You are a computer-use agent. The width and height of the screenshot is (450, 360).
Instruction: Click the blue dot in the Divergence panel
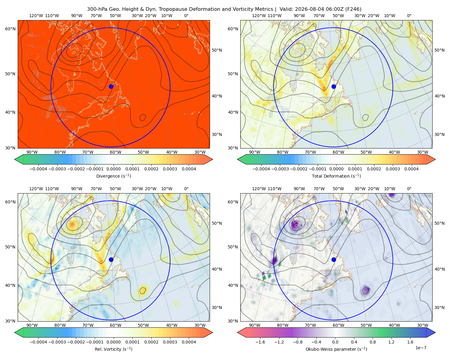coord(111,86)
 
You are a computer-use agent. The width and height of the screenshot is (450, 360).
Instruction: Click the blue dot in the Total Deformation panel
coord(334,86)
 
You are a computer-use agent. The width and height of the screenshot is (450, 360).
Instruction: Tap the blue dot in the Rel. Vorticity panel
coord(111,259)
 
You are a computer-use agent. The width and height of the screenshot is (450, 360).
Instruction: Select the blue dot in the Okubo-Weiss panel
coord(334,259)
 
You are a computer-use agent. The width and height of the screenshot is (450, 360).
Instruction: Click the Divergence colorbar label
coord(113,176)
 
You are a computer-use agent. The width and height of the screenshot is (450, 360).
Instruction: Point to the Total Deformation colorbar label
coord(336,176)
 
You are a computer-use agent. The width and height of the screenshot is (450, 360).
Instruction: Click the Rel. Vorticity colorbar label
coord(113,349)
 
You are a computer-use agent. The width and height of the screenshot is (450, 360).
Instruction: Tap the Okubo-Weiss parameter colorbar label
coord(336,349)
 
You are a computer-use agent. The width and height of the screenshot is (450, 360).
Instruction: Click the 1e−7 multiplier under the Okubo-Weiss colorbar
coord(421,348)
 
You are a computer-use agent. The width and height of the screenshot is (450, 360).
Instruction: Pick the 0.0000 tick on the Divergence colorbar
coord(113,169)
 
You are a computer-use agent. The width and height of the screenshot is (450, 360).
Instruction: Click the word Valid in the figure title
coord(285,9)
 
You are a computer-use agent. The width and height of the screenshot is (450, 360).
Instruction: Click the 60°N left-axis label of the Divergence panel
coord(10,29)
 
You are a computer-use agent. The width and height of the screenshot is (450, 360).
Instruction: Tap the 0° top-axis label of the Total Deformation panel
coord(409,16)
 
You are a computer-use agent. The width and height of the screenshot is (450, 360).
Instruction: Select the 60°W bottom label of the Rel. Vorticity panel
coord(115,325)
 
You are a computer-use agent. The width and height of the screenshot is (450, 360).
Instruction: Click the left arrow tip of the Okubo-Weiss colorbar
coord(237,332)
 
